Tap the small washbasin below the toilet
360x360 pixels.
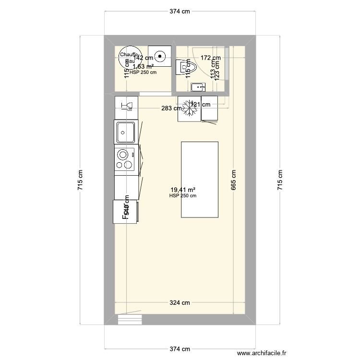198,87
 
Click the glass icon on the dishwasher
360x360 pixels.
127,105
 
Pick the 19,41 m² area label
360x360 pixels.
183,190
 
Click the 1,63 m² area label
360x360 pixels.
143,67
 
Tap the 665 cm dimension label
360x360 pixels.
234,180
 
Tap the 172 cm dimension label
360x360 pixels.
211,58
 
